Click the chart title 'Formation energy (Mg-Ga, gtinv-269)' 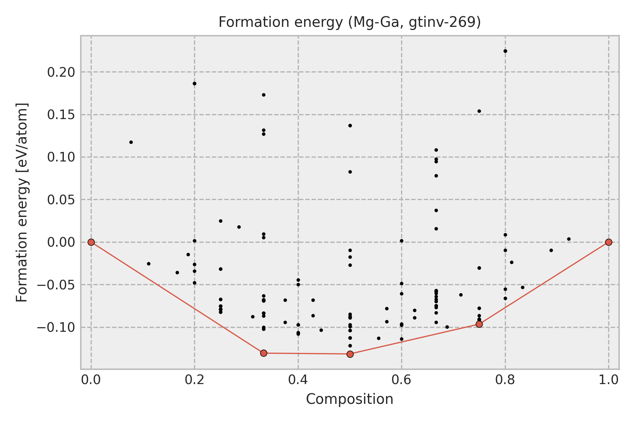click(350, 22)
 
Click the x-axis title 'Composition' click(349, 399)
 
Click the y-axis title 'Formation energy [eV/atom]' click(22, 202)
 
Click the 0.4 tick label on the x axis click(298, 379)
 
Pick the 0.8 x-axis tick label click(505, 379)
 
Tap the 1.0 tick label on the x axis click(608, 379)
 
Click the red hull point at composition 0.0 click(91, 242)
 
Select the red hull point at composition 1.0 click(609, 242)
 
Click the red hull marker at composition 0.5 click(350, 354)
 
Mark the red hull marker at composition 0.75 click(479, 324)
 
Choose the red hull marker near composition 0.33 click(264, 353)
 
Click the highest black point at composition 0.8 click(505, 51)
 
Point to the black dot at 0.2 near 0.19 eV click(194, 83)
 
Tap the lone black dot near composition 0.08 click(131, 142)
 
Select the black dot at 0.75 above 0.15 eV click(479, 111)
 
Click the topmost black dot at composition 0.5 click(350, 125)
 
